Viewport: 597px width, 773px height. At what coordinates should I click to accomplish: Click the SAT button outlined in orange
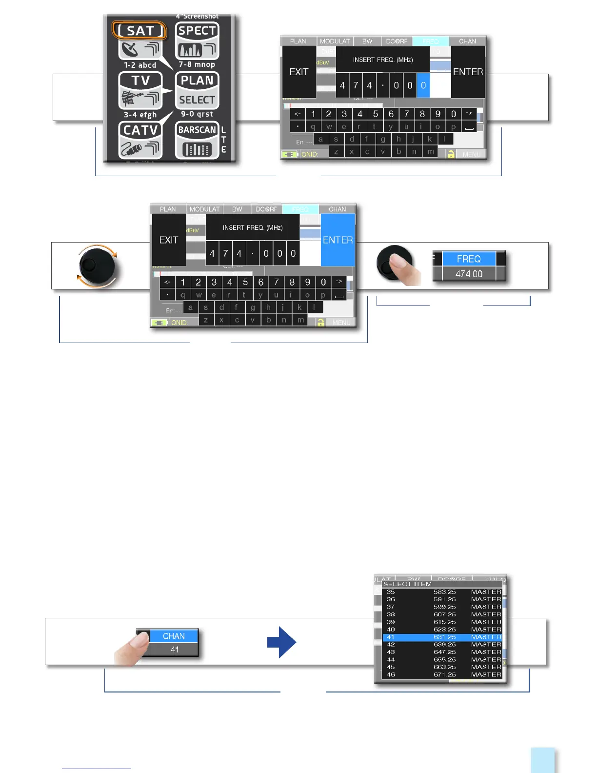(140, 31)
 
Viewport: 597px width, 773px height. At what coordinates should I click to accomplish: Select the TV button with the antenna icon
(140, 90)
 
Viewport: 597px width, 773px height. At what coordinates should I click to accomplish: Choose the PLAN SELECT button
(197, 90)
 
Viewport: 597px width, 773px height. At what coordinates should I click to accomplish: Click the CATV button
(140, 140)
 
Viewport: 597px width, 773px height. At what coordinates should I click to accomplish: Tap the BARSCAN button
(197, 140)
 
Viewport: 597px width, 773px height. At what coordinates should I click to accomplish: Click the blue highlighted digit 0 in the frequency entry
(423, 85)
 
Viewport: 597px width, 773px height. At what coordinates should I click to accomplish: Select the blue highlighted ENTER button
(338, 240)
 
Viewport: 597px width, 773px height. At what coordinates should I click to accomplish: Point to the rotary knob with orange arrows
(97, 266)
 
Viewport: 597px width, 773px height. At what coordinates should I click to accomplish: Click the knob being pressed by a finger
(393, 264)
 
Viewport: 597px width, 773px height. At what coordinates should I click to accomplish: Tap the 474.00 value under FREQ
(469, 274)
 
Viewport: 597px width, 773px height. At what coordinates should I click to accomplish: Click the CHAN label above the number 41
(174, 636)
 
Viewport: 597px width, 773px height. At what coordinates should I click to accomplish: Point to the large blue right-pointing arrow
(281, 642)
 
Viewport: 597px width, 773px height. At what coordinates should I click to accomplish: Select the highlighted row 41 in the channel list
(442, 637)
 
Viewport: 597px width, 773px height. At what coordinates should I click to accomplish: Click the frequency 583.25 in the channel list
(444, 592)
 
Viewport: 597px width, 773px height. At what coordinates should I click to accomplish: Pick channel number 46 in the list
(391, 675)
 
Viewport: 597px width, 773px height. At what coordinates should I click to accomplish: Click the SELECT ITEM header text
(407, 584)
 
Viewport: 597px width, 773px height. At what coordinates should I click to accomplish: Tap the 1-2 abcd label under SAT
(140, 65)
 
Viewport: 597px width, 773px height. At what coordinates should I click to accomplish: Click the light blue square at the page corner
(542, 760)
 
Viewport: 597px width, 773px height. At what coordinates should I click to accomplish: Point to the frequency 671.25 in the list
(444, 675)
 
